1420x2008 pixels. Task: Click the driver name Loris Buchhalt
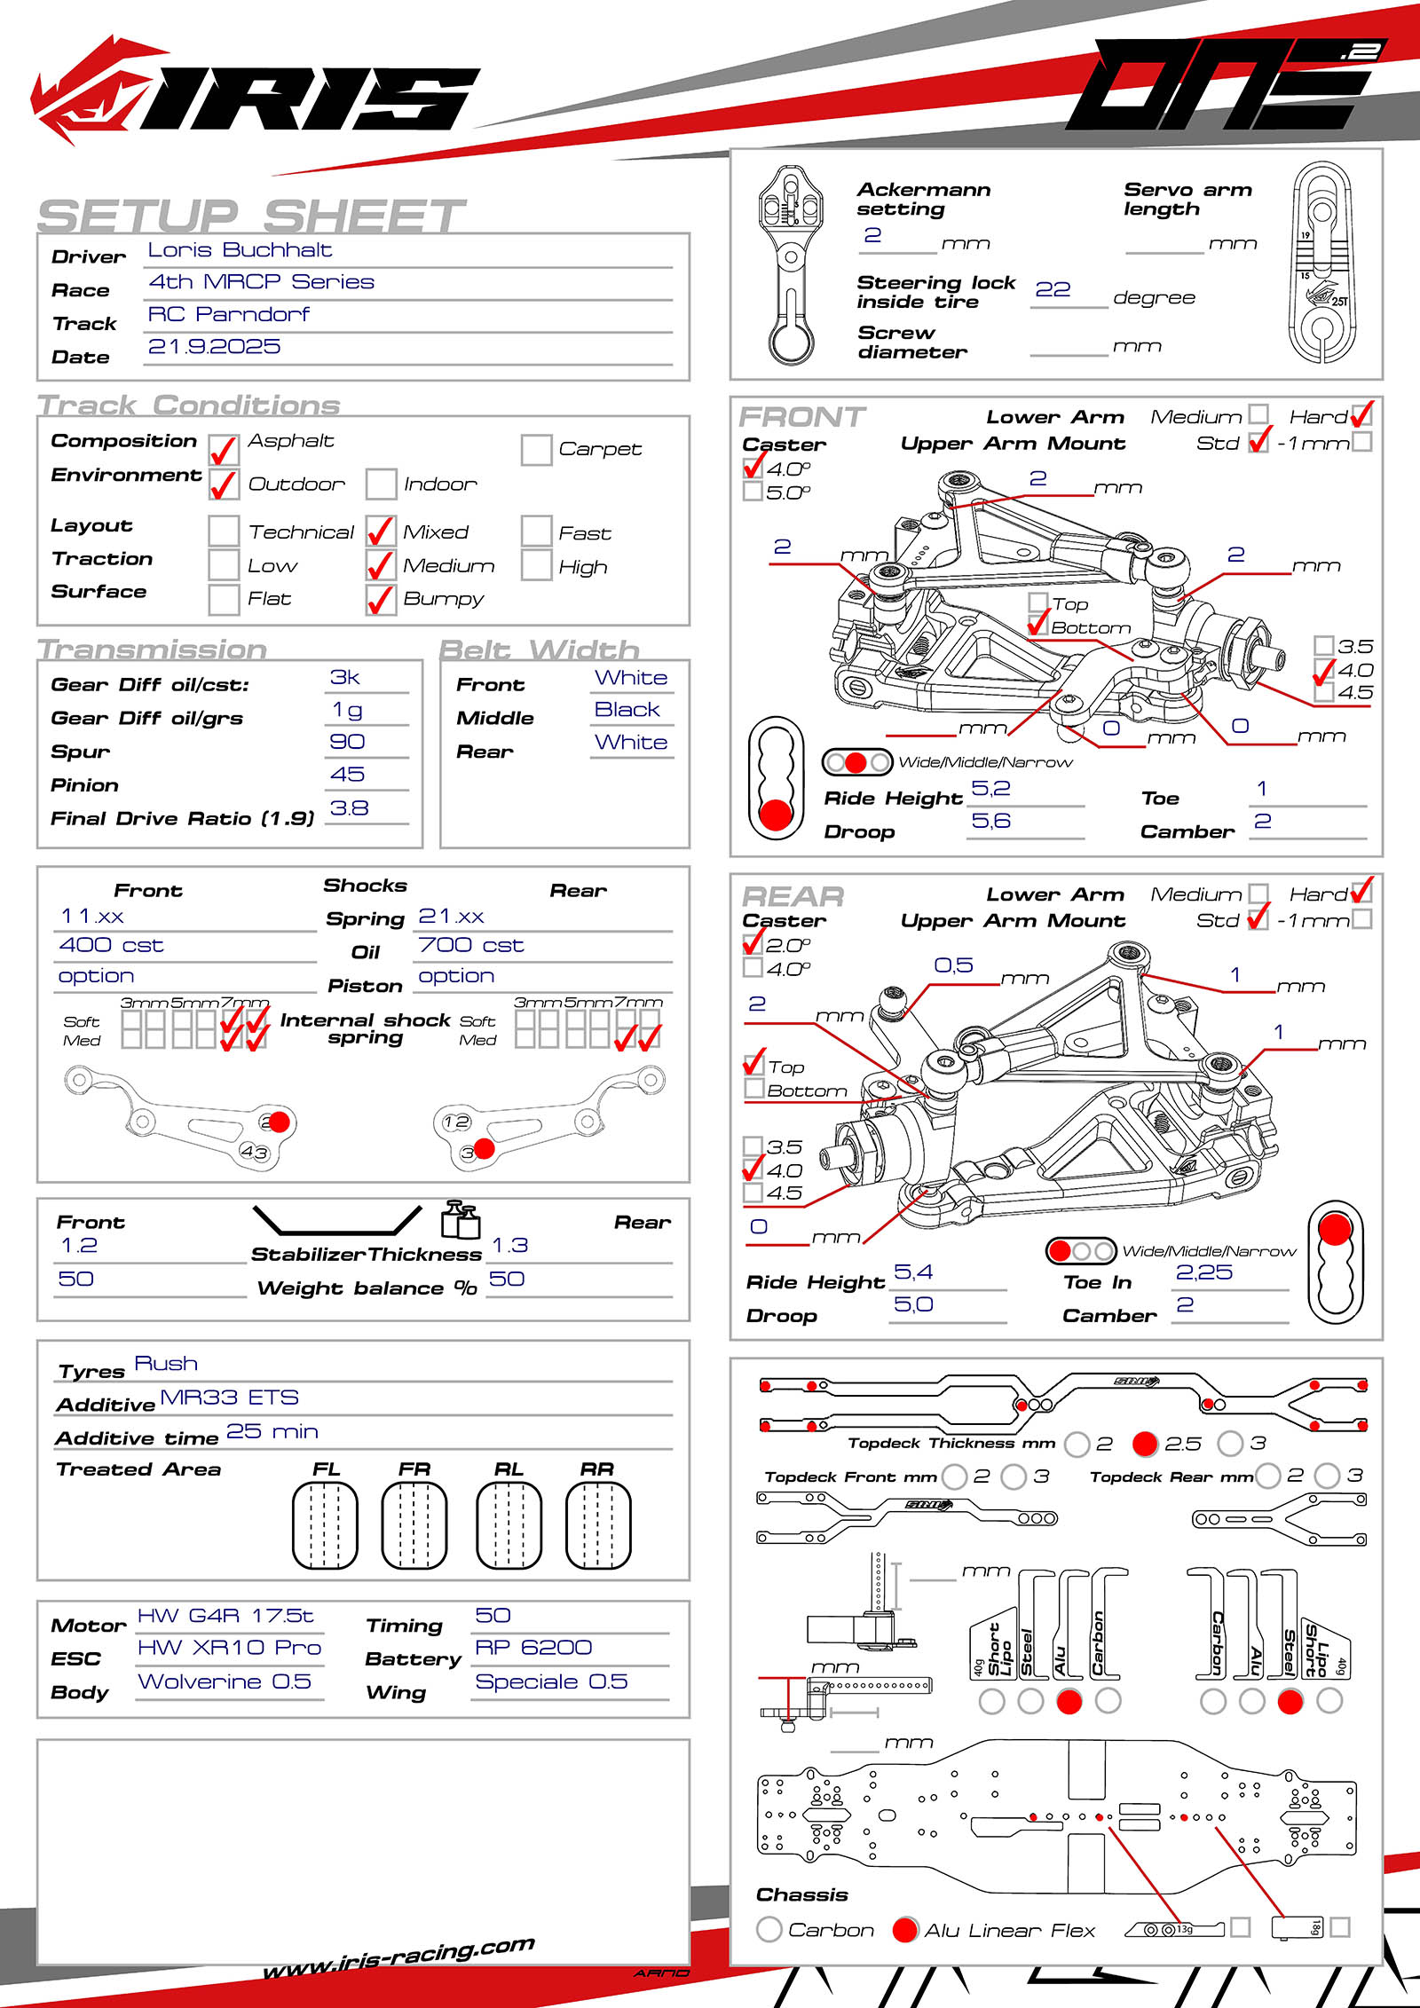[240, 250]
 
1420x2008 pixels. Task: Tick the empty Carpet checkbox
[536, 450]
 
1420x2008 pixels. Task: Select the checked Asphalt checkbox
[224, 450]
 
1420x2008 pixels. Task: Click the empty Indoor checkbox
[381, 484]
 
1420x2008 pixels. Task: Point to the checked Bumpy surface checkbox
[381, 600]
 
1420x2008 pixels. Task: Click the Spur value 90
[347, 742]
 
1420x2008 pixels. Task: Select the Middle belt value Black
[627, 710]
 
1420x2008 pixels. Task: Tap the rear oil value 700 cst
[471, 946]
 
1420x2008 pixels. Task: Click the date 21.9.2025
[214, 347]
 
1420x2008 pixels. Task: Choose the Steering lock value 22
[1053, 290]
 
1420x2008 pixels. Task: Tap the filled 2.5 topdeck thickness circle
[1145, 1444]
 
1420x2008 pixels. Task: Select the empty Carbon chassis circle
[769, 1929]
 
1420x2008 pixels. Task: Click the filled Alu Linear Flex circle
[904, 1929]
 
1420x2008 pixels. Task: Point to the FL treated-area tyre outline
[325, 1524]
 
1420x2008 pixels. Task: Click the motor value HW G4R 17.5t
[225, 1616]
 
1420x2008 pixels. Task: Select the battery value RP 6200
[533, 1648]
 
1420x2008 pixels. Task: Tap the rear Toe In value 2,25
[1204, 1272]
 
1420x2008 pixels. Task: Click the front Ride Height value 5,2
[990, 789]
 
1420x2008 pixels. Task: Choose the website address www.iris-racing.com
[399, 1957]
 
